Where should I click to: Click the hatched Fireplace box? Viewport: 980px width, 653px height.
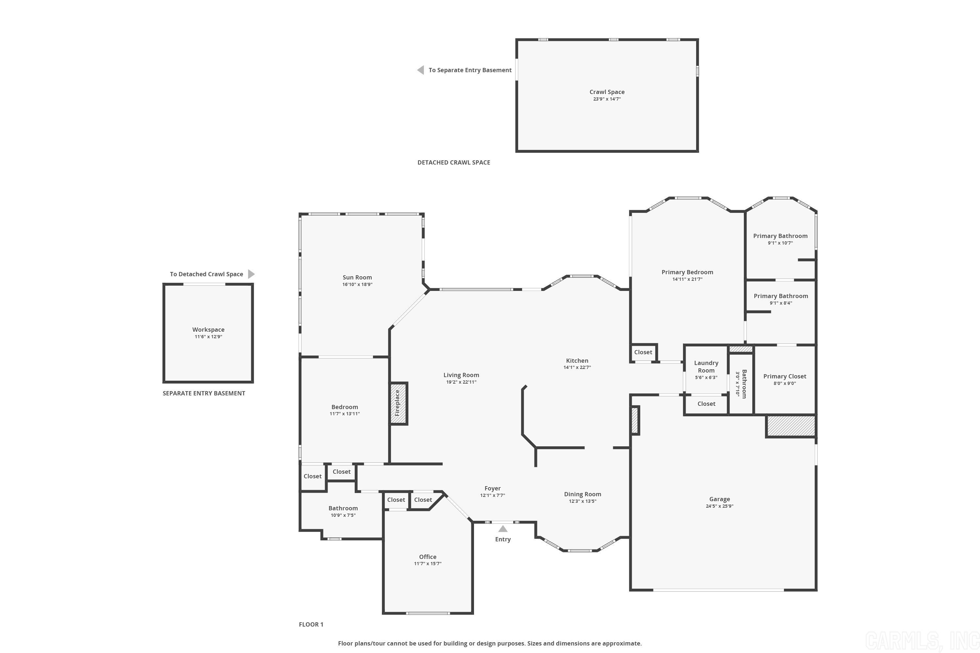coord(398,403)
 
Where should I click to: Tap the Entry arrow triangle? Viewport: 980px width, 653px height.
coord(503,529)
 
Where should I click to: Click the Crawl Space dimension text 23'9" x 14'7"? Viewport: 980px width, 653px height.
coord(607,99)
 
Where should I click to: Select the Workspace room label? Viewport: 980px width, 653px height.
coord(208,329)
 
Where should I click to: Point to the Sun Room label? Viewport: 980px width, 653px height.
coord(357,277)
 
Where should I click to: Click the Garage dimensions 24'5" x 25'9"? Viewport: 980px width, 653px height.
coord(719,506)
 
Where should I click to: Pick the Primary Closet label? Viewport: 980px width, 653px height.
coord(785,376)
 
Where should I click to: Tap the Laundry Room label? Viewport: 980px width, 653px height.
coord(706,366)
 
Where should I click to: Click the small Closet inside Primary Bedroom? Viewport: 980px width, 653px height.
coord(643,352)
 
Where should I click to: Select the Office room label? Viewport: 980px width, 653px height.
coord(428,557)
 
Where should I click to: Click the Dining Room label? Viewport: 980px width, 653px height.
coord(582,494)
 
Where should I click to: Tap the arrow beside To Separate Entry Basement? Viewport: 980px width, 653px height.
coord(421,70)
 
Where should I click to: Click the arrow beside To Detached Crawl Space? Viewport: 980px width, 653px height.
coord(251,274)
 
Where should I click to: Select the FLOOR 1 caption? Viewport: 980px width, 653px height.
coord(311,624)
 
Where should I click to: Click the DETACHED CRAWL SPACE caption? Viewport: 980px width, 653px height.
coord(453,162)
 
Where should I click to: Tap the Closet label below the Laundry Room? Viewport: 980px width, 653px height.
coord(706,404)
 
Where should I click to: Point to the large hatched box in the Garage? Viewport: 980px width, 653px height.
coord(791,426)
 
